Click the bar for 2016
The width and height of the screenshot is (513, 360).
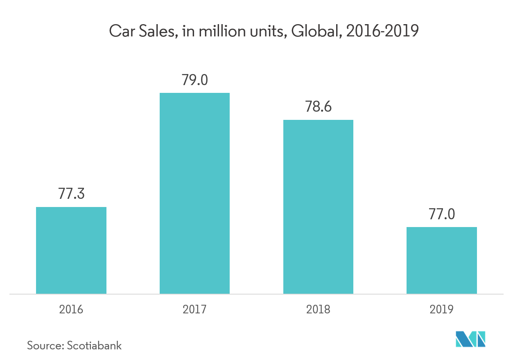tap(71, 250)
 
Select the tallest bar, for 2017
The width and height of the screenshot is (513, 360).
tap(194, 193)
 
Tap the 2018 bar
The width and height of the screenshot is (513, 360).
tap(318, 207)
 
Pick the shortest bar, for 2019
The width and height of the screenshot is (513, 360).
tap(441, 260)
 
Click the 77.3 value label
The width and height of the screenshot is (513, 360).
tap(71, 193)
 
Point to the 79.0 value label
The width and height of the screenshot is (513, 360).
tap(194, 80)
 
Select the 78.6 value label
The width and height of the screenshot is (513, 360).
tap(318, 107)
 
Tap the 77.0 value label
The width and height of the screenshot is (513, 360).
tap(441, 214)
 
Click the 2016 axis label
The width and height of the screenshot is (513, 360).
tap(71, 309)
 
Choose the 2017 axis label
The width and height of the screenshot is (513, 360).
tap(194, 309)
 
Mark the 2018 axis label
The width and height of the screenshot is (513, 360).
tap(318, 309)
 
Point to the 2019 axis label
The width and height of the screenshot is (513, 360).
tap(441, 309)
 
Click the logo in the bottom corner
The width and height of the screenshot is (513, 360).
tap(470, 339)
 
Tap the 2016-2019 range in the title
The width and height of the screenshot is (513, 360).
tap(382, 31)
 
